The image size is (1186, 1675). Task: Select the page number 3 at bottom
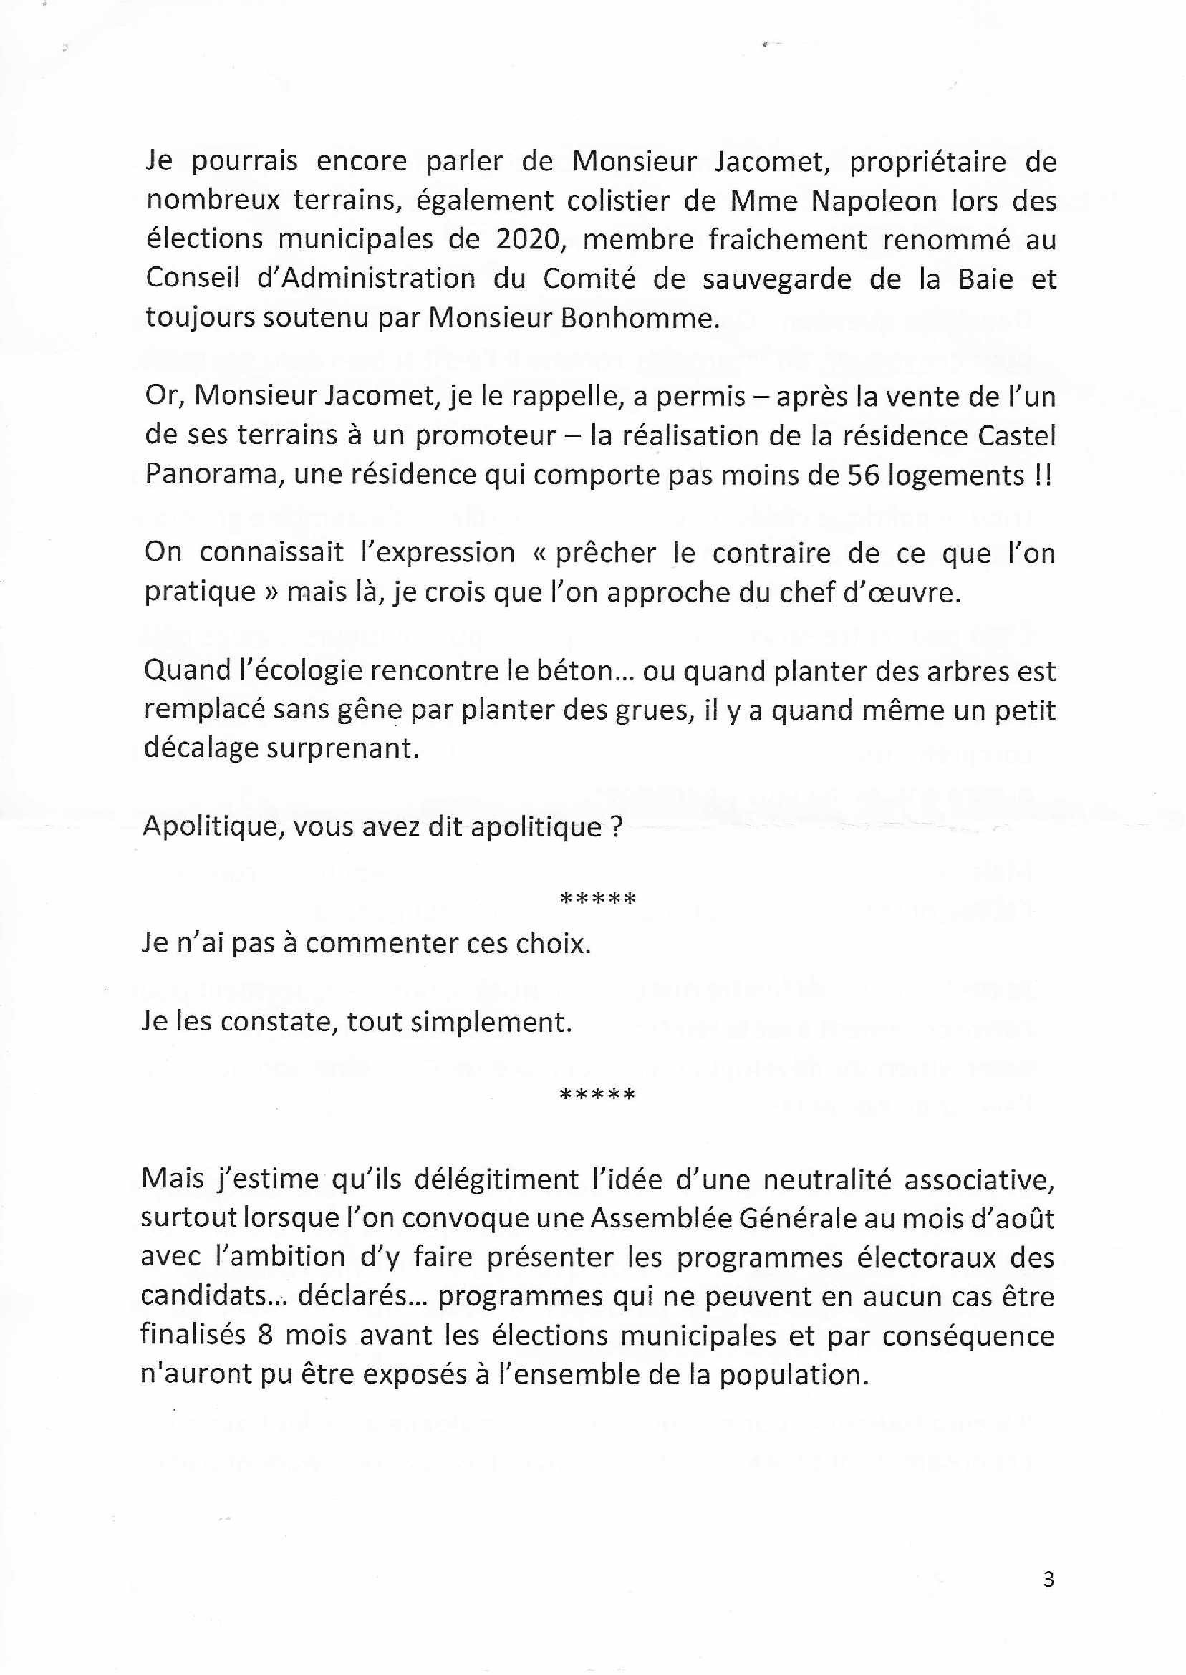[x=1048, y=1579]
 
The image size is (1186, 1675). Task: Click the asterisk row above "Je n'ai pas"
[x=597, y=899]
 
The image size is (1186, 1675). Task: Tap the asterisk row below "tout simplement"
[x=597, y=1094]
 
